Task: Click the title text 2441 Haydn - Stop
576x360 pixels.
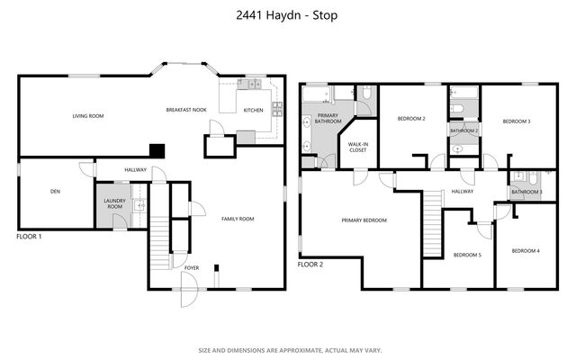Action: [288, 15]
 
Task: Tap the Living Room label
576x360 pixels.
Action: [89, 116]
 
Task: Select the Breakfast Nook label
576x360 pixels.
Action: [186, 110]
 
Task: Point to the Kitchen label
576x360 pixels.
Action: [253, 110]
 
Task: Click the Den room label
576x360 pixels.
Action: [55, 191]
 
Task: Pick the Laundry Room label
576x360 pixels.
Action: [113, 203]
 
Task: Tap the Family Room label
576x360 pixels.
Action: [238, 219]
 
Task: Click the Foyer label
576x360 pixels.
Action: [192, 267]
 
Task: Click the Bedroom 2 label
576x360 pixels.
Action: [411, 119]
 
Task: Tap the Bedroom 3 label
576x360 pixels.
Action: [516, 121]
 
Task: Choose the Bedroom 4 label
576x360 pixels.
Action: [526, 250]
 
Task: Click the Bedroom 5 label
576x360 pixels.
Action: [467, 255]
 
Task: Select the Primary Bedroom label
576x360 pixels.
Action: [364, 220]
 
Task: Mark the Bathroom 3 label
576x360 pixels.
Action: [526, 192]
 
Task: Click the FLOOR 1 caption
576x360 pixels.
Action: [30, 236]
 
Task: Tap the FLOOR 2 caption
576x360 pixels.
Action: [310, 265]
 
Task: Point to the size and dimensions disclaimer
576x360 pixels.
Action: [288, 349]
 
